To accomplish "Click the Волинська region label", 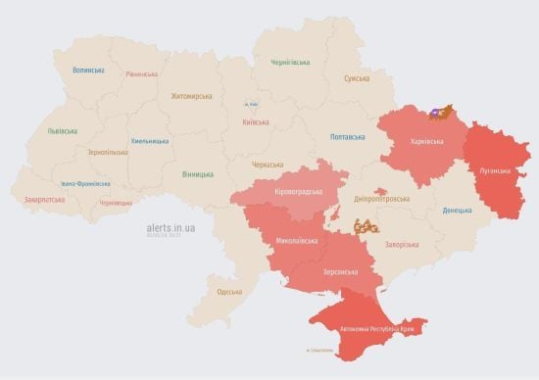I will click(88, 71).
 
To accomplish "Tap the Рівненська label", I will click(142, 74).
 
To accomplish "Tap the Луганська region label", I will click(492, 169).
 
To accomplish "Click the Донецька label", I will click(457, 210).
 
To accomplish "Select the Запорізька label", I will click(404, 244).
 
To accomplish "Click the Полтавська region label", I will click(349, 137).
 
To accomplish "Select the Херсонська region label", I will click(334, 271).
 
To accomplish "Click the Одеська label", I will click(229, 292).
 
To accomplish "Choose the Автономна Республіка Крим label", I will click(377, 329).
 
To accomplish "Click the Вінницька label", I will click(198, 174).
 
